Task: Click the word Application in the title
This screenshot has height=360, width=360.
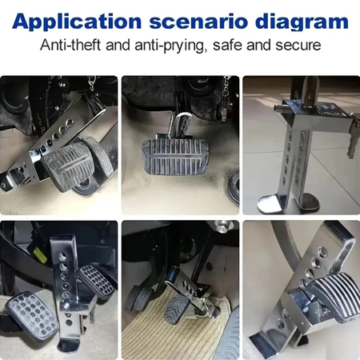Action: point(77,22)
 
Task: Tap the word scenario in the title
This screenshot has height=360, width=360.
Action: point(198,22)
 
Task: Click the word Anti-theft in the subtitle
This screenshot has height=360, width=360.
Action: point(70,45)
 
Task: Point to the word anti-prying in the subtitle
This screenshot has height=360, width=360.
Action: point(170,46)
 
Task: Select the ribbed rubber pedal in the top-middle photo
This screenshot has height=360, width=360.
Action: point(174,157)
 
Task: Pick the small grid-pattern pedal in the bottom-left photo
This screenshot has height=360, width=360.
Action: point(96,279)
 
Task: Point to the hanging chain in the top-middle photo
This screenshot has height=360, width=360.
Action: point(226,96)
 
